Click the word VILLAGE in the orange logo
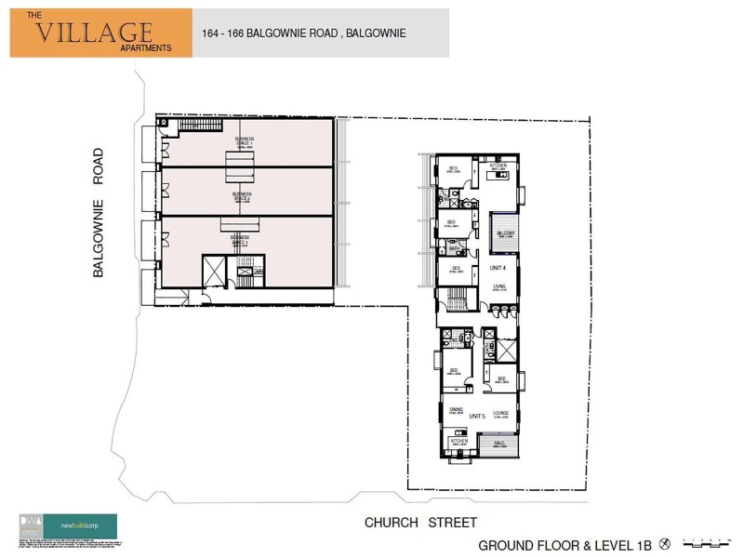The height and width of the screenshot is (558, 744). [94, 33]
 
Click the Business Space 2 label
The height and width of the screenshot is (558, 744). [243, 196]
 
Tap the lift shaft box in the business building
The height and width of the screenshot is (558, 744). [214, 272]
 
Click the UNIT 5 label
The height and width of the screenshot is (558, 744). [479, 416]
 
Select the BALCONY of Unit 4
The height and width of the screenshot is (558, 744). [506, 233]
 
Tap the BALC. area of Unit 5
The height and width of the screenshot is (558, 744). [499, 444]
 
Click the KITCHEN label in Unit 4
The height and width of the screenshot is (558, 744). [498, 166]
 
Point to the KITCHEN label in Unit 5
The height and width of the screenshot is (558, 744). [458, 441]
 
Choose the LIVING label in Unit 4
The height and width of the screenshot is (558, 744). [499, 287]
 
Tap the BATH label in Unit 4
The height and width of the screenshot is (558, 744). [455, 249]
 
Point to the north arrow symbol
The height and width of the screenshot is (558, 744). [665, 542]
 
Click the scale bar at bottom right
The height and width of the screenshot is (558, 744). [705, 542]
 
